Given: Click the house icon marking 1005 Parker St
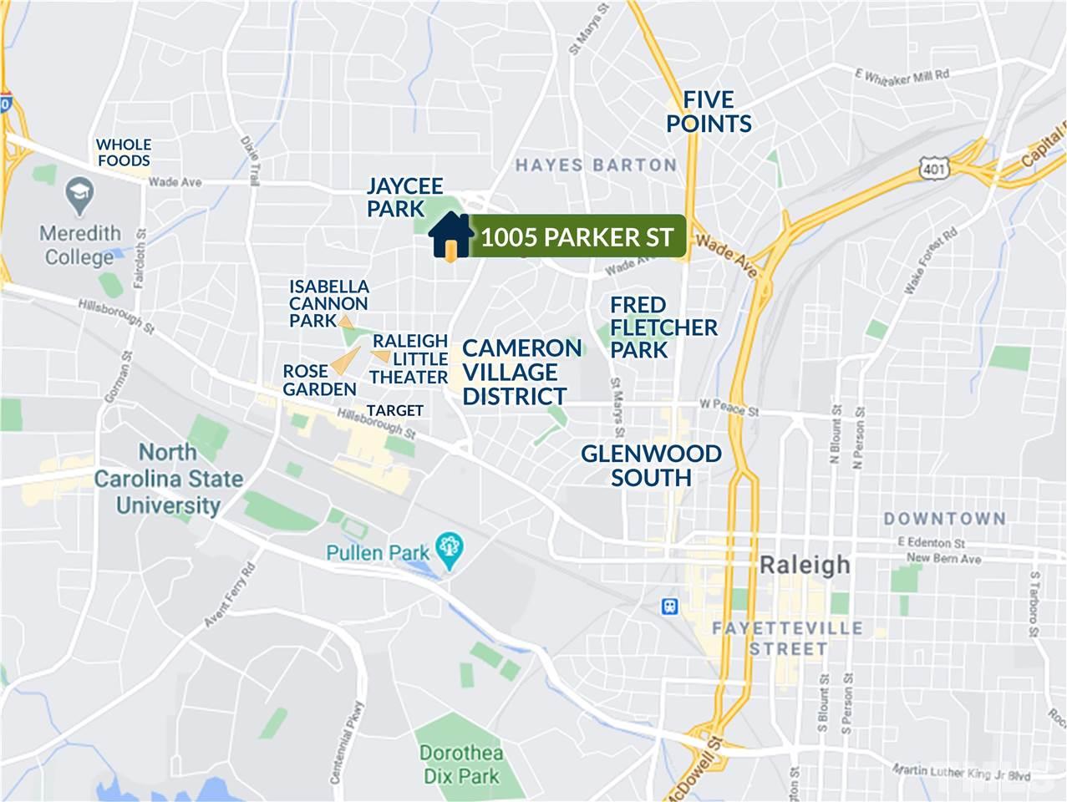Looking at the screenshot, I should pyautogui.click(x=450, y=236).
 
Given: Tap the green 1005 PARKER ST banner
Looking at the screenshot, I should pyautogui.click(x=577, y=237).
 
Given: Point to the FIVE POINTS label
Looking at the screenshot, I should pyautogui.click(x=709, y=112).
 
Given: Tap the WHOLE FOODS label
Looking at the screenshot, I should pyautogui.click(x=124, y=152).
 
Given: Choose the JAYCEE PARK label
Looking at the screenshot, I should pyautogui.click(x=404, y=197).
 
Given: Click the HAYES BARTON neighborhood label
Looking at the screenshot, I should pyautogui.click(x=596, y=165).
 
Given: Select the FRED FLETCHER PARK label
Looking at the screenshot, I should pyautogui.click(x=663, y=327).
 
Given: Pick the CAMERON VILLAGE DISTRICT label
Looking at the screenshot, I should pyautogui.click(x=521, y=372).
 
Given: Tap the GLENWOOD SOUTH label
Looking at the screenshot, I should pyautogui.click(x=651, y=465).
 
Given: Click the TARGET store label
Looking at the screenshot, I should pyautogui.click(x=395, y=410).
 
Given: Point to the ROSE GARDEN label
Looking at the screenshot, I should pyautogui.click(x=319, y=380).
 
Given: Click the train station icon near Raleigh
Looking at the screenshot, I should pyautogui.click(x=668, y=605).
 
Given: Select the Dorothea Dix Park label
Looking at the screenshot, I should pyautogui.click(x=460, y=764).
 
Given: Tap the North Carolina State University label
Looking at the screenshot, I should pyautogui.click(x=169, y=479).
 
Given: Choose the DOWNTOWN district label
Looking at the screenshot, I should pyautogui.click(x=944, y=519).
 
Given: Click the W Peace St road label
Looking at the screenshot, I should pyautogui.click(x=729, y=409).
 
